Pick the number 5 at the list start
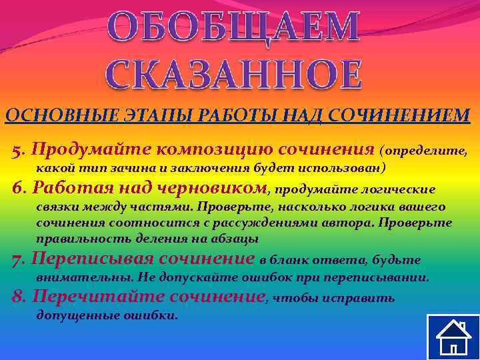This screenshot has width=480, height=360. (17, 148)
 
